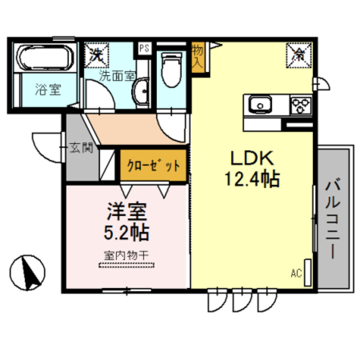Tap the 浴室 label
[47, 89]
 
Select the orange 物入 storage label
[197, 56]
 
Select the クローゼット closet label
[154, 166]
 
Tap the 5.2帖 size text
[128, 231]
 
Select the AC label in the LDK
[296, 274]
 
